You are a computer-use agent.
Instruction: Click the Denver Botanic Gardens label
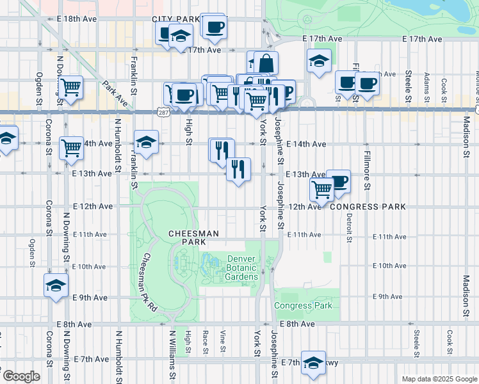click(243, 268)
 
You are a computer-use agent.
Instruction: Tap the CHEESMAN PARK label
click(187, 237)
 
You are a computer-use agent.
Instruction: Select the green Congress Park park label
click(303, 305)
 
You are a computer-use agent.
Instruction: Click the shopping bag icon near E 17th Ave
click(266, 63)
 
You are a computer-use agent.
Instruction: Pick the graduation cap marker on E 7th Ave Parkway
click(313, 364)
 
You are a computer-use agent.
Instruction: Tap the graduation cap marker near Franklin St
click(146, 142)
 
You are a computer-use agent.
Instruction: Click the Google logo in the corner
click(21, 376)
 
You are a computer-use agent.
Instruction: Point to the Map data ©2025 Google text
click(439, 379)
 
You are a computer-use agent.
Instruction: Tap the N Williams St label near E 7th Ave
click(172, 353)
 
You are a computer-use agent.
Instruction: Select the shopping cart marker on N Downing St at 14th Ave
click(71, 147)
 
